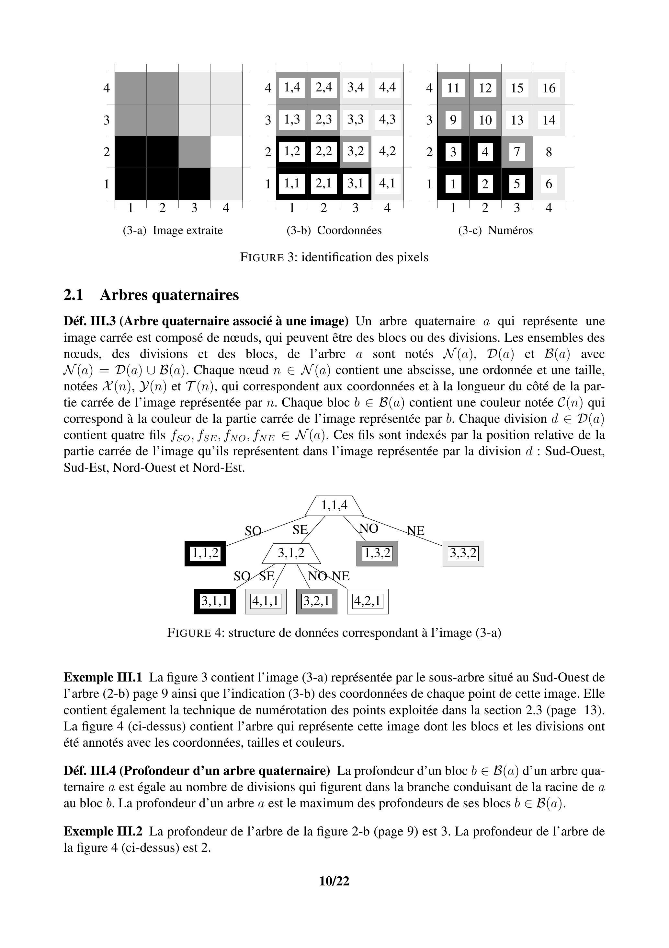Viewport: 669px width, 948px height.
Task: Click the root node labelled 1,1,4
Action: (334, 505)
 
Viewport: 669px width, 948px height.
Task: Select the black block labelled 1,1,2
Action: (205, 553)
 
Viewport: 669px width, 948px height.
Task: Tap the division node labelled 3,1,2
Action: (291, 553)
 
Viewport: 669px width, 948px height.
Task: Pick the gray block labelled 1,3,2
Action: (377, 553)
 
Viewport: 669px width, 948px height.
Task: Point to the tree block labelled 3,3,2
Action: (463, 553)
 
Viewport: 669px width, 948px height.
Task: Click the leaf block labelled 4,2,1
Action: (368, 601)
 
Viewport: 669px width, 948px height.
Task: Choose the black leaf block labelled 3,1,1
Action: (214, 601)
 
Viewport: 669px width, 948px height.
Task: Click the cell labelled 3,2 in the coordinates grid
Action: (356, 151)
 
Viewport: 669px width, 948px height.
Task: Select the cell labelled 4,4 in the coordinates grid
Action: (387, 88)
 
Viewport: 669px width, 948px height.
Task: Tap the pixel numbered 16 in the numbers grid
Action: (549, 88)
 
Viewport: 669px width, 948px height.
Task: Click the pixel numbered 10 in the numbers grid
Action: (485, 120)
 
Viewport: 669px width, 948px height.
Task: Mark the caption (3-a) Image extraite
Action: (173, 231)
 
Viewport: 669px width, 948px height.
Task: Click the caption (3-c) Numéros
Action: (495, 231)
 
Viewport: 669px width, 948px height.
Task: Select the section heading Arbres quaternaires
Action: (169, 295)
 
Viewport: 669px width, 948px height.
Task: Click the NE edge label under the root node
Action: (416, 530)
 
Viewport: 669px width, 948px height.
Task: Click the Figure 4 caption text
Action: (334, 633)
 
